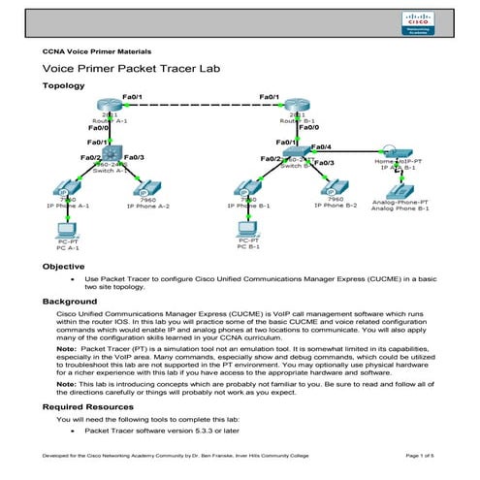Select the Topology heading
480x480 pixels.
64,86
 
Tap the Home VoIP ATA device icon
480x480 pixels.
395,153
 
